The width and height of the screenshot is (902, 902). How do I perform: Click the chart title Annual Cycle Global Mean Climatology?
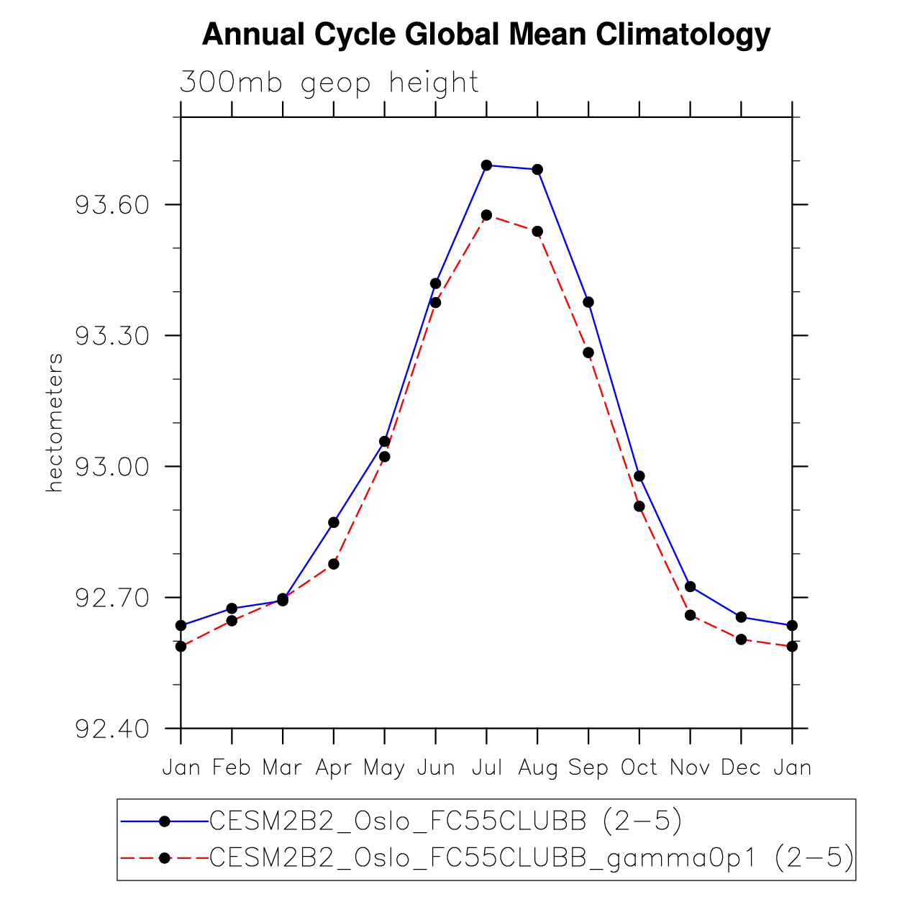tap(486, 35)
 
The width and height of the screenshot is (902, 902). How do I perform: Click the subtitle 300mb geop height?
tap(329, 83)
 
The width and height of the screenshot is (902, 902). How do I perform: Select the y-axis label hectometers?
tap(55, 422)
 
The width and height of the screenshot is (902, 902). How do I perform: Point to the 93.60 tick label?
tap(112, 206)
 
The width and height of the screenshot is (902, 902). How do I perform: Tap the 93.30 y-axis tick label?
tap(112, 337)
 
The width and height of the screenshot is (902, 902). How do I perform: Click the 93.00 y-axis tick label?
tap(112, 468)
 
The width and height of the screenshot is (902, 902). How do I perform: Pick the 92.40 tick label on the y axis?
tap(112, 729)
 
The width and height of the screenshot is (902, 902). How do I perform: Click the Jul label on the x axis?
tap(487, 768)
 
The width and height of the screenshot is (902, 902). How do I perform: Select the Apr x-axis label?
tap(334, 768)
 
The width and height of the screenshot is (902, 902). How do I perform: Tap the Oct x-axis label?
tap(639, 768)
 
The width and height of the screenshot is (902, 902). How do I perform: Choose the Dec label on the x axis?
tap(741, 768)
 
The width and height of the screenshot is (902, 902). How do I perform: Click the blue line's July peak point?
tap(487, 165)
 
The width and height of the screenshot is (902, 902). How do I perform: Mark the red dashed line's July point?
tap(487, 215)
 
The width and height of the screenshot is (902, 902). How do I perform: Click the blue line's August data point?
tap(537, 170)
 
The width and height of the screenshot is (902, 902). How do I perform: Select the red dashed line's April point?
tap(334, 564)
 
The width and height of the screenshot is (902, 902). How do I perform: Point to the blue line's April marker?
tap(334, 522)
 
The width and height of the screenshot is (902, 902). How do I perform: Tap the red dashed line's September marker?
tap(588, 352)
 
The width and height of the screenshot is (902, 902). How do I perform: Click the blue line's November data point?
tap(691, 587)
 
